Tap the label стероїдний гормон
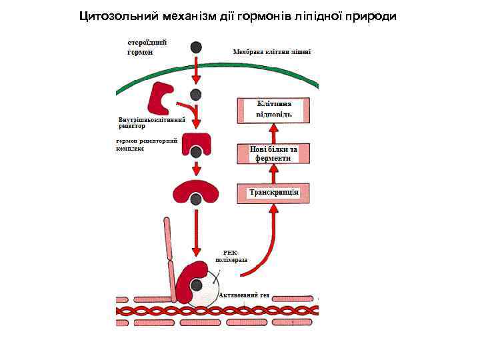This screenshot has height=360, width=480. click(x=147, y=47)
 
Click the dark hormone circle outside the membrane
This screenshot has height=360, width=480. click(x=196, y=47)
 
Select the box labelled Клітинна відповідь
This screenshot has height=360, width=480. click(x=273, y=109)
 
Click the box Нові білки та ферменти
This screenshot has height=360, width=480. click(x=273, y=154)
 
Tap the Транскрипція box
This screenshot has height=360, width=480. click(x=273, y=193)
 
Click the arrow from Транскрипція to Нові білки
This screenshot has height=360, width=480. click(x=273, y=174)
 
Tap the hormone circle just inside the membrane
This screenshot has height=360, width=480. click(x=196, y=95)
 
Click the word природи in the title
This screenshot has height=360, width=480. click(x=369, y=16)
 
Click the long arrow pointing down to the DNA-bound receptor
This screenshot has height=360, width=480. click(x=196, y=233)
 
